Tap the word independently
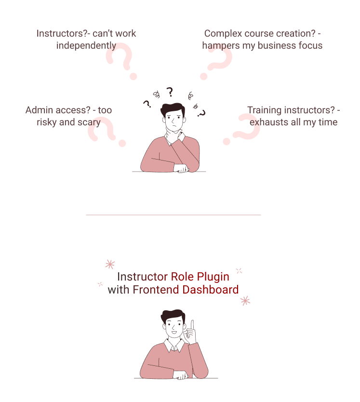(x=86, y=46)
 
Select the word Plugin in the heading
(x=213, y=277)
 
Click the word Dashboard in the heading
(x=210, y=290)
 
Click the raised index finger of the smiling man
(x=192, y=325)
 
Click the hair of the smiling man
(x=173, y=316)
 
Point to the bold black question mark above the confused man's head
(x=170, y=92)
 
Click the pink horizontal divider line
(x=173, y=215)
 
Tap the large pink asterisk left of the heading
(x=110, y=264)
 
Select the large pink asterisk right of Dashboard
(x=245, y=301)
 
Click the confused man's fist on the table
(x=181, y=168)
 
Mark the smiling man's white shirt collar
(x=174, y=345)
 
